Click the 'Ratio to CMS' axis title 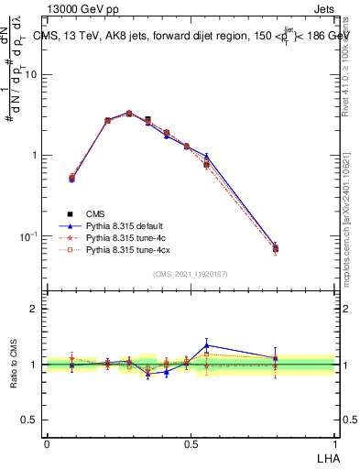tap(13, 365)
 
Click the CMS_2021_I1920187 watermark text tap(190, 274)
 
